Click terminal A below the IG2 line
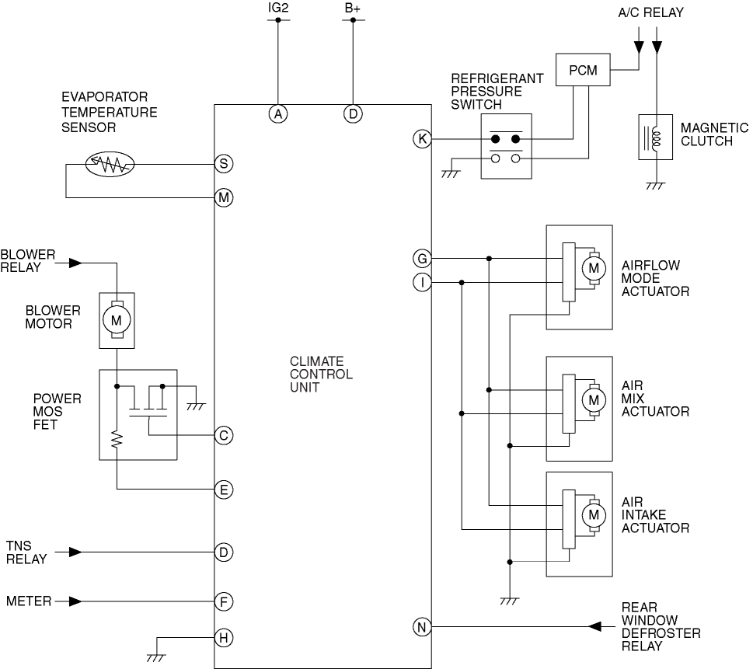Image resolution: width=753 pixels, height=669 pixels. [x=278, y=114]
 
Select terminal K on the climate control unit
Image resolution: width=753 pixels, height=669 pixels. [x=422, y=139]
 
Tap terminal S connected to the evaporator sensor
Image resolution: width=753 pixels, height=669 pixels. [x=224, y=164]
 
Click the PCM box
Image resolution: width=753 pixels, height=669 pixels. [x=583, y=70]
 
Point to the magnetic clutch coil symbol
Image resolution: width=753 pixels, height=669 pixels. [x=656, y=137]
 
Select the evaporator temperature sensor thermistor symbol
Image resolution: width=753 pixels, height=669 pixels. [x=110, y=164]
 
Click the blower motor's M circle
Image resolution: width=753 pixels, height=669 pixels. [x=117, y=320]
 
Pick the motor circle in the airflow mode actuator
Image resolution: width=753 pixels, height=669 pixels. [x=594, y=268]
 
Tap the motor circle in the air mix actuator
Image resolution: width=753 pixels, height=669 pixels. [x=594, y=399]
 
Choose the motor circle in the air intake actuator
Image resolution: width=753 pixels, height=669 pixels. [x=594, y=515]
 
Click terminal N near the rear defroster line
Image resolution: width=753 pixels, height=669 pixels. [x=422, y=627]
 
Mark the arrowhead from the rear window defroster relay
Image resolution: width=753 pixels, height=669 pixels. [x=594, y=627]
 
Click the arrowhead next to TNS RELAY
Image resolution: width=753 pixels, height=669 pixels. [x=75, y=552]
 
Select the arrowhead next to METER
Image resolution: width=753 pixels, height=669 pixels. [x=75, y=601]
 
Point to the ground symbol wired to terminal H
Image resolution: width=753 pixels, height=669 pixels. [x=155, y=658]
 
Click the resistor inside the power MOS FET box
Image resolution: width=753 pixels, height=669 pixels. [x=117, y=441]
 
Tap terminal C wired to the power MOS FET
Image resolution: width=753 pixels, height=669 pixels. [x=224, y=436]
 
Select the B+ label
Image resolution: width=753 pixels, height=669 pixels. [x=353, y=9]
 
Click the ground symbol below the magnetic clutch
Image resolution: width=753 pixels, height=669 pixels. [x=656, y=186]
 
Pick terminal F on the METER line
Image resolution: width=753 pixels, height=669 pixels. [x=224, y=601]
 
